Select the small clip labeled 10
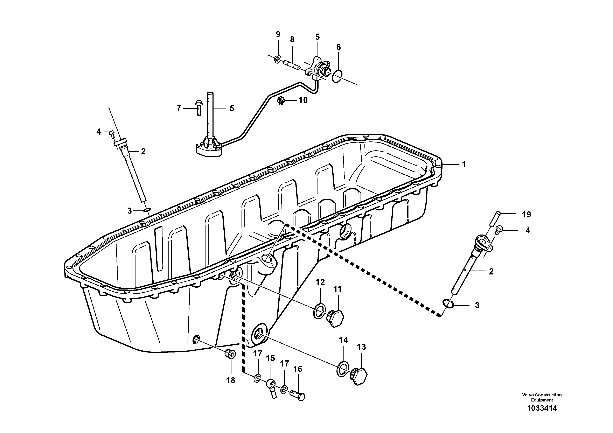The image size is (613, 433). (280, 101)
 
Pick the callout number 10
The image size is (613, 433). (303, 100)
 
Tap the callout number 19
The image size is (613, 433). (527, 214)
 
